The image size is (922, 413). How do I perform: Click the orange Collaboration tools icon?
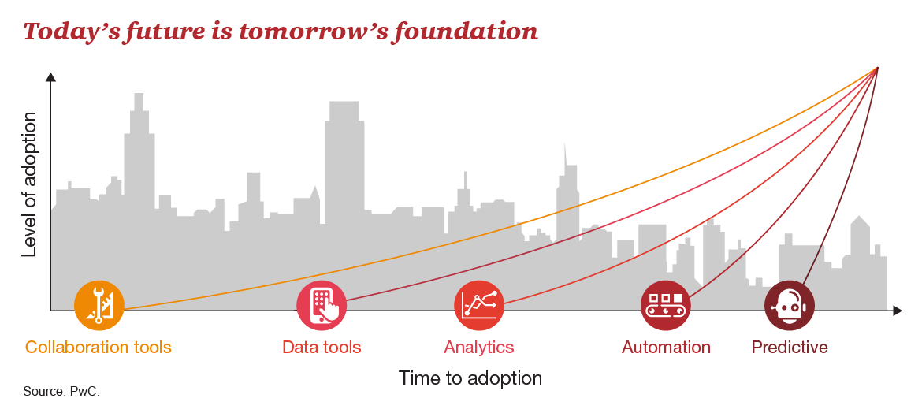tap(99, 305)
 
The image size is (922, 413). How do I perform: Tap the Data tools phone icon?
tap(321, 305)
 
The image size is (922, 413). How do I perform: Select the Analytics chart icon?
tap(479, 305)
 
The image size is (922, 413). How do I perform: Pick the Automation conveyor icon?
tap(666, 305)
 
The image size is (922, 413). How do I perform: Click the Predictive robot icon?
tap(789, 305)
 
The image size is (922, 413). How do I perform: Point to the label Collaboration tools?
tap(99, 347)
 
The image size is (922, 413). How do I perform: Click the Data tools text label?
tap(322, 347)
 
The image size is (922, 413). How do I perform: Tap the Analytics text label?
tap(478, 347)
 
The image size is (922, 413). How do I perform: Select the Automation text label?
tap(666, 347)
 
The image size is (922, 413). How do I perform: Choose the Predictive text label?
tap(790, 347)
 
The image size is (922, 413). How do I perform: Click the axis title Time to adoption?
tap(470, 378)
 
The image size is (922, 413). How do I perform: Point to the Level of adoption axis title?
tap(29, 184)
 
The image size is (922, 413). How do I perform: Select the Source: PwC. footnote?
tap(61, 391)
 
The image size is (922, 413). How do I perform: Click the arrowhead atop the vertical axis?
tap(50, 77)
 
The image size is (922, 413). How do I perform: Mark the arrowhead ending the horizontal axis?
tap(898, 310)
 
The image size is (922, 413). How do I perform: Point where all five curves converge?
tap(877, 68)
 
